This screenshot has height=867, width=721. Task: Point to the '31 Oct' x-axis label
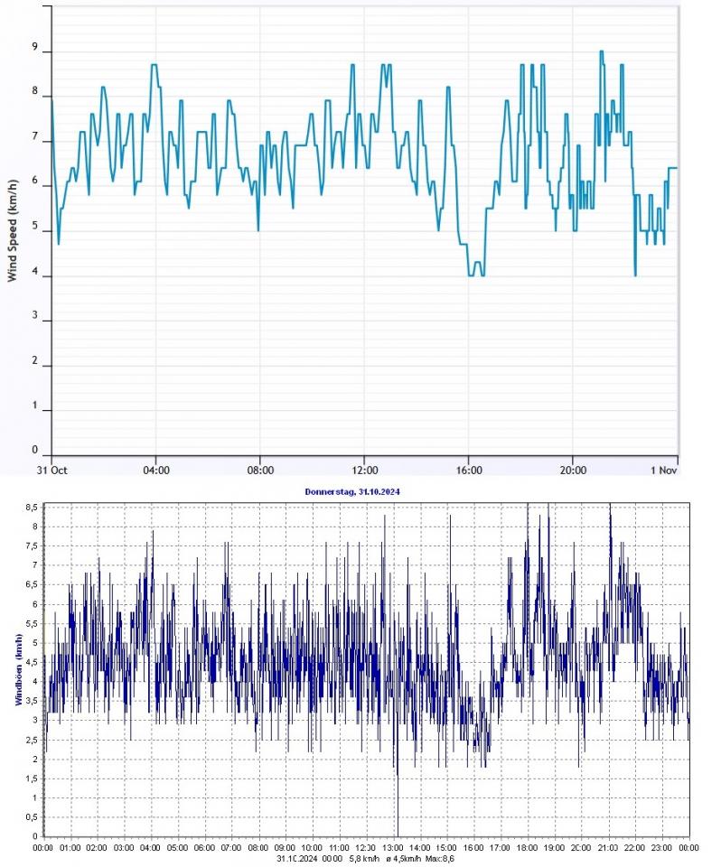[51, 470]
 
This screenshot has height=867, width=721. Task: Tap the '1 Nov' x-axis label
[664, 470]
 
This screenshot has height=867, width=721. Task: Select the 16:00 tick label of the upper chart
[469, 470]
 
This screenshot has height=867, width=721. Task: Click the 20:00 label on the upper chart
[573, 470]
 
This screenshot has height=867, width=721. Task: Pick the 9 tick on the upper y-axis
[36, 49]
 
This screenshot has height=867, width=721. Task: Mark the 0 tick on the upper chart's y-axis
[36, 450]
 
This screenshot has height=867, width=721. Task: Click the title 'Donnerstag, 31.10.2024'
[364, 490]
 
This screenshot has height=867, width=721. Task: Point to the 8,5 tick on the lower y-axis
[31, 508]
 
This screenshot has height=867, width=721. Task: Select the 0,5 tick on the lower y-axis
[31, 816]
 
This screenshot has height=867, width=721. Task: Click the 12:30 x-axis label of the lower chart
[366, 849]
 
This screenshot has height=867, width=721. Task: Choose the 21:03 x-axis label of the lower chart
[608, 849]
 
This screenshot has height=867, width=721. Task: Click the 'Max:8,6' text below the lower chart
[437, 859]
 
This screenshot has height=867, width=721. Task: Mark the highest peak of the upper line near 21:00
[601, 51]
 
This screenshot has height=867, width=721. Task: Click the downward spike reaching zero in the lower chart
[398, 834]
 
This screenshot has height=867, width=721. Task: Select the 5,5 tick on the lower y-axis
[31, 623]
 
